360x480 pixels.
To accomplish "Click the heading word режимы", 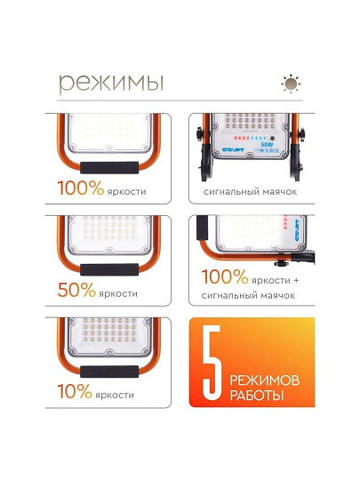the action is pyautogui.click(x=111, y=83).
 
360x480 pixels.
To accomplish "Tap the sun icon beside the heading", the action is pyautogui.click(x=291, y=84).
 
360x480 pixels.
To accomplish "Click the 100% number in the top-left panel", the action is pyautogui.click(x=81, y=188).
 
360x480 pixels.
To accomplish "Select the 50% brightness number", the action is pyautogui.click(x=76, y=290).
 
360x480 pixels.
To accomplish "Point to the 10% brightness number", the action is pyautogui.click(x=75, y=391).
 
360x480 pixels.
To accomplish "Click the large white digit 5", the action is pyautogui.click(x=212, y=363).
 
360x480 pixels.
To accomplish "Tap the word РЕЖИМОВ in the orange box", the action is pyautogui.click(x=265, y=380).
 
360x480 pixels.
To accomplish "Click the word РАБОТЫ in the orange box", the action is pyautogui.click(x=257, y=396).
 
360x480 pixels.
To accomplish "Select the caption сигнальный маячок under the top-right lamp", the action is pyautogui.click(x=250, y=192).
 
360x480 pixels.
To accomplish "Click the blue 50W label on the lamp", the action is pyautogui.click(x=267, y=144).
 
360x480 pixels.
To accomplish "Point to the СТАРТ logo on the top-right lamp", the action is pyautogui.click(x=233, y=149).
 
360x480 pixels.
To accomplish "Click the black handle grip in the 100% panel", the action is pyautogui.click(x=109, y=168).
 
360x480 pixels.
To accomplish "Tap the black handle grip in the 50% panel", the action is pyautogui.click(x=109, y=269).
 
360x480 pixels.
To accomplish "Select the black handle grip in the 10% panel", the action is pyautogui.click(x=109, y=372).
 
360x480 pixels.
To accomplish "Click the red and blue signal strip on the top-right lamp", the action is pyautogui.click(x=252, y=138).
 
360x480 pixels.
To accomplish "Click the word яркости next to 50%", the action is pyautogui.click(x=118, y=293).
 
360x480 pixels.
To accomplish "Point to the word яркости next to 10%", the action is pyautogui.click(x=115, y=395).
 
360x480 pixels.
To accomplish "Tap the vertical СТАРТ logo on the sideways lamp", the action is pyautogui.click(x=297, y=230).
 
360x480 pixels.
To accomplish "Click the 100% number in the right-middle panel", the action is pyautogui.click(x=225, y=276).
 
